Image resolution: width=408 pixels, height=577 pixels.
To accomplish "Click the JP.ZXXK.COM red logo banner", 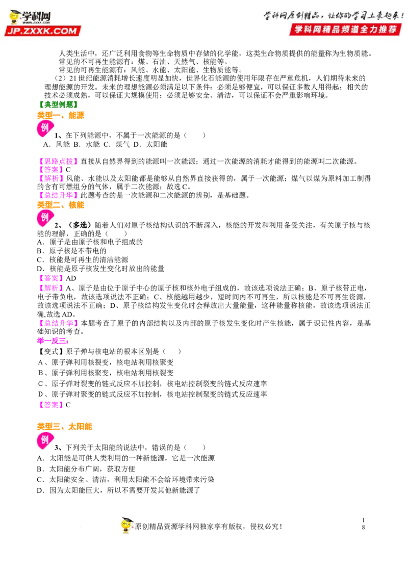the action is [x=43, y=31].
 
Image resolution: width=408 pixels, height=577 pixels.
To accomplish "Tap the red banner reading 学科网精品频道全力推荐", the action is [x=345, y=30].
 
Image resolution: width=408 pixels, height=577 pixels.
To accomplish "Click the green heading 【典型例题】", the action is [x=58, y=105].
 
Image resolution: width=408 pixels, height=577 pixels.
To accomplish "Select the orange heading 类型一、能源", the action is [x=61, y=115].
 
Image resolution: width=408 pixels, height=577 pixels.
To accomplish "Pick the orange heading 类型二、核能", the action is [x=61, y=205].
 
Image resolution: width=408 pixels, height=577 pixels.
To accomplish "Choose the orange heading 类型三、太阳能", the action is [x=64, y=427].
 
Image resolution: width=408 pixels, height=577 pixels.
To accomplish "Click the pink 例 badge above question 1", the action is [x=45, y=128].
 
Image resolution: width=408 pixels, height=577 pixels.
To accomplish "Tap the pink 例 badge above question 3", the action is [x=45, y=440].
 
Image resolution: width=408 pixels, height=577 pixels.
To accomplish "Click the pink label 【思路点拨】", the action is [x=58, y=161].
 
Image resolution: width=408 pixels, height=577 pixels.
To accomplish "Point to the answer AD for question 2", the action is [x=71, y=278].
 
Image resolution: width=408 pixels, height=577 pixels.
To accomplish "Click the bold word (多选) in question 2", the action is [x=79, y=225].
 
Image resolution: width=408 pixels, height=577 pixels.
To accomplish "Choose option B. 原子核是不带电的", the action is [x=72, y=251].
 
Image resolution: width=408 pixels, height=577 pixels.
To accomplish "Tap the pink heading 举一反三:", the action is [x=53, y=341].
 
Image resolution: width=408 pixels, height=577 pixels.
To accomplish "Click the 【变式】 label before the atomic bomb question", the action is [x=51, y=351].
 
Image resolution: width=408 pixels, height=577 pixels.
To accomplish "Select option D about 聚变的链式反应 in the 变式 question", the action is [x=152, y=394].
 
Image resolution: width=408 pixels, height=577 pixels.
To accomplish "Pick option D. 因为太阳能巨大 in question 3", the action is [x=118, y=490].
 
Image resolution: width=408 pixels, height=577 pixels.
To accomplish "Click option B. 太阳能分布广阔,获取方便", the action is [x=86, y=469].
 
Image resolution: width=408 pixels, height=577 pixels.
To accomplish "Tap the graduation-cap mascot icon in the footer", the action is [x=126, y=525].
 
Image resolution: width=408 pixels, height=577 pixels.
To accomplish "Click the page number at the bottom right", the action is [x=364, y=523].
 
